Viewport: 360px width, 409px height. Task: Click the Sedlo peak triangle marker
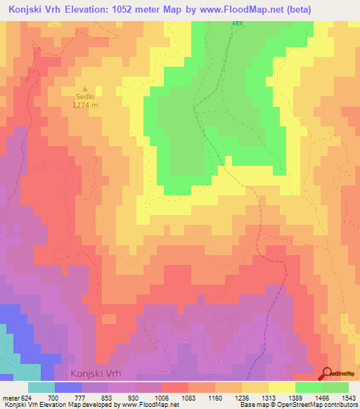click(83, 89)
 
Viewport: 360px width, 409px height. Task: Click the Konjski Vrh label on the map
click(100, 373)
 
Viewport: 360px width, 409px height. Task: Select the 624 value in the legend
click(27, 398)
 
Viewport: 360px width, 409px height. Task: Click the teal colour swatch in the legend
click(41, 387)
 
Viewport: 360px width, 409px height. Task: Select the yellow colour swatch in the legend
click(282, 387)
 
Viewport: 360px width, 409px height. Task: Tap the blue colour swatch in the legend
click(68, 387)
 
